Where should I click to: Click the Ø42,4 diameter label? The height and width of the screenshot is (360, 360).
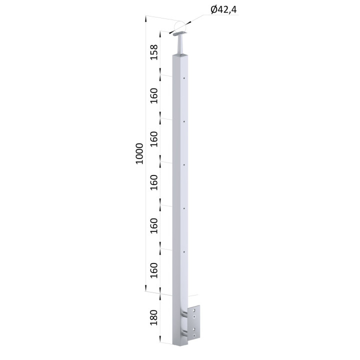tap(223, 10)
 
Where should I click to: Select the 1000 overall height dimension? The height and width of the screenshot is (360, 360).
tap(139, 153)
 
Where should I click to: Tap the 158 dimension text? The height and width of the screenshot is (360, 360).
tap(154, 52)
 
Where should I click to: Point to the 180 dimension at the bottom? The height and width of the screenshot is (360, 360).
tap(154, 317)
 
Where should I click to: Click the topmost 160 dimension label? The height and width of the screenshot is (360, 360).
tap(154, 95)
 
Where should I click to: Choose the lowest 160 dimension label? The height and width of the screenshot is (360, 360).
tap(154, 270)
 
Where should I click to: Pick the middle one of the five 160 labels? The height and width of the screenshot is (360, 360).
tap(154, 182)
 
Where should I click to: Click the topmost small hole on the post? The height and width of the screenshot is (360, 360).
tap(184, 78)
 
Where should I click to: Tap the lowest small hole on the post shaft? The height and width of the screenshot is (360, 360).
tap(184, 252)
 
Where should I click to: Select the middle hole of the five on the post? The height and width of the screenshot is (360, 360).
tap(184, 165)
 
